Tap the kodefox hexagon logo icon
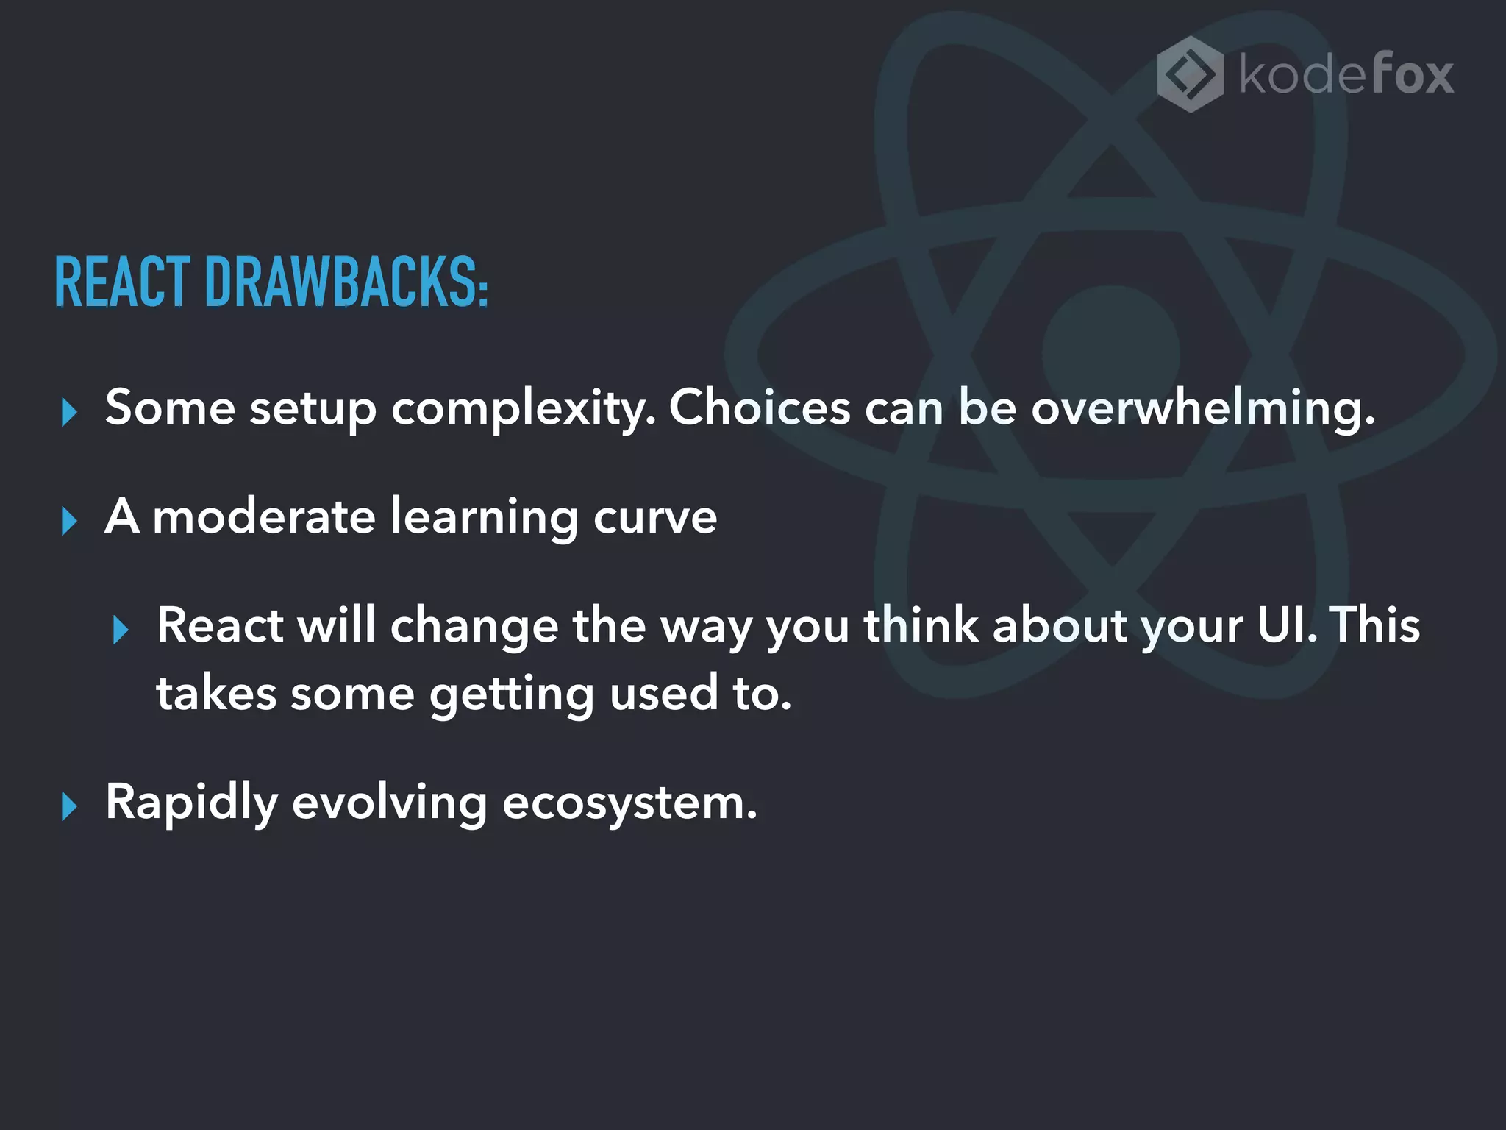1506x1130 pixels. [x=1190, y=74]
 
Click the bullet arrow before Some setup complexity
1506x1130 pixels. [x=69, y=412]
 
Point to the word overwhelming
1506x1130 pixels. [x=1202, y=408]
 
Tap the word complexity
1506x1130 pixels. [x=523, y=409]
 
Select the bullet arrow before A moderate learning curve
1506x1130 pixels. [x=69, y=521]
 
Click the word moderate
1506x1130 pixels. [x=264, y=516]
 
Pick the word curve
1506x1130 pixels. [x=654, y=517]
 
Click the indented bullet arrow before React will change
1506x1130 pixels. [x=121, y=630]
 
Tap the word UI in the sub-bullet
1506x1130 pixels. [x=1286, y=625]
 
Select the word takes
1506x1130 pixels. [x=216, y=694]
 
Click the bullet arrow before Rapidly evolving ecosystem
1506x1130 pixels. [x=69, y=806]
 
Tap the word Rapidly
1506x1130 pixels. [x=191, y=803]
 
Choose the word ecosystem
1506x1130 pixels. [x=629, y=803]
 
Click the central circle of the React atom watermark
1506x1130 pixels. [x=1111, y=354]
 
